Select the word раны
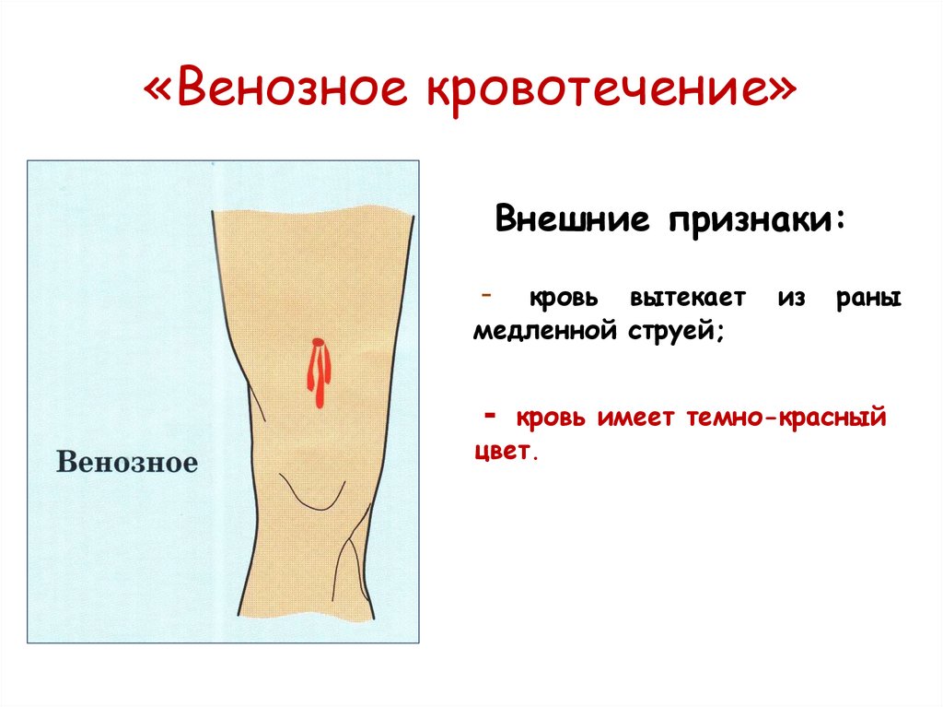869,300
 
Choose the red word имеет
634,419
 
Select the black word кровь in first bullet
563,300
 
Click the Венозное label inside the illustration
127,461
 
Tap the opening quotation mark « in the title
162,94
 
